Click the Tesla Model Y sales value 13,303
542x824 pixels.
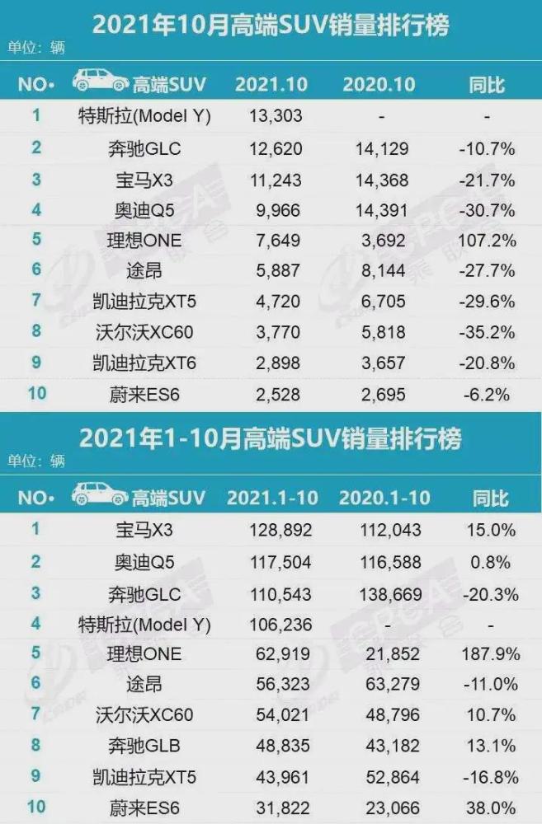[x=276, y=115]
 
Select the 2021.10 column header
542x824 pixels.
[x=271, y=85]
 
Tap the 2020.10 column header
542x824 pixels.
[x=379, y=85]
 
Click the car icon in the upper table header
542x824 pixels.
[x=100, y=81]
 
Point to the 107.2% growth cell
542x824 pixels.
[x=487, y=241]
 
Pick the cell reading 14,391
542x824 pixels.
[x=381, y=211]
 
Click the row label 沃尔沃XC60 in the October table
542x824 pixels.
[x=144, y=332]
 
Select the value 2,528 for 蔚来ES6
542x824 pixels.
[x=278, y=395]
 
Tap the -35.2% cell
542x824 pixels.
[x=487, y=333]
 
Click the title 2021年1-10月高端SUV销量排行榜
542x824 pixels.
[x=271, y=438]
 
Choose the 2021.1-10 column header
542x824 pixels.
[x=272, y=498]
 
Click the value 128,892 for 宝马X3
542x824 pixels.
[x=281, y=530]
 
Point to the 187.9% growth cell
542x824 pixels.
[x=490, y=654]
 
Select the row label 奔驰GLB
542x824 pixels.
[x=144, y=746]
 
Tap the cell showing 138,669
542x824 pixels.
[x=390, y=595]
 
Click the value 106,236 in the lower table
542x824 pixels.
[x=281, y=625]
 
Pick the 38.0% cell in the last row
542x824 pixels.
[x=490, y=808]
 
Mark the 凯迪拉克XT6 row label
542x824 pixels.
[x=144, y=363]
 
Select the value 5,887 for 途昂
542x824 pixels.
[x=278, y=271]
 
